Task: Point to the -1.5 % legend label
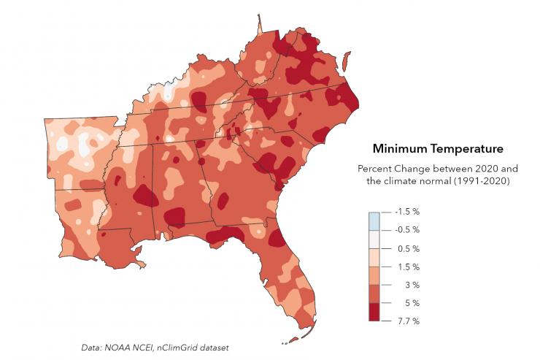pyautogui.click(x=406, y=212)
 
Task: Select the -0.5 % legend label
pyautogui.click(x=406, y=230)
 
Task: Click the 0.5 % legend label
pyautogui.click(x=408, y=248)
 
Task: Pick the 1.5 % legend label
pyautogui.click(x=408, y=267)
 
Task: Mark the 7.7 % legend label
pyautogui.click(x=408, y=321)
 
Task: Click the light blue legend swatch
pyautogui.click(x=375, y=221)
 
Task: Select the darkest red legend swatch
pyautogui.click(x=375, y=312)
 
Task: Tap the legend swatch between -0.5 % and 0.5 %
pyautogui.click(x=375, y=239)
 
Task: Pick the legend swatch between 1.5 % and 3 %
pyautogui.click(x=375, y=275)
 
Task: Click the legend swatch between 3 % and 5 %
pyautogui.click(x=375, y=294)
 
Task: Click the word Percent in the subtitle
pyautogui.click(x=374, y=168)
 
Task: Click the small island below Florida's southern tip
pyautogui.click(x=292, y=339)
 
